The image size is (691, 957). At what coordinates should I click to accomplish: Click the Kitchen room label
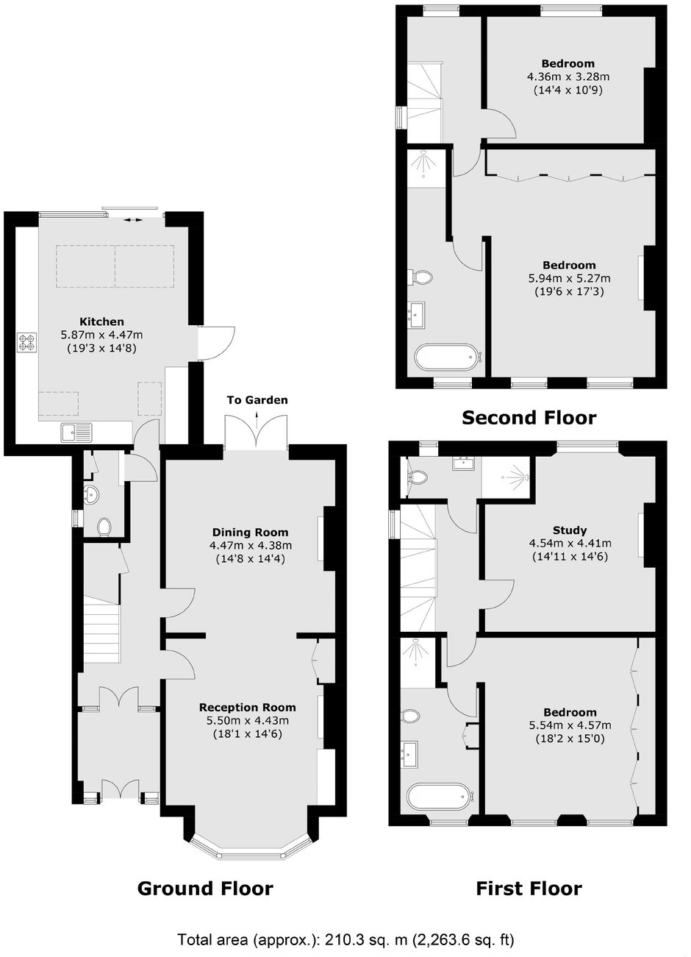pyautogui.click(x=101, y=321)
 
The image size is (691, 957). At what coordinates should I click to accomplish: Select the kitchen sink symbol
pyautogui.click(x=76, y=432)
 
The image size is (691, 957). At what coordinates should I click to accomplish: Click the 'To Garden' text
pyautogui.click(x=257, y=400)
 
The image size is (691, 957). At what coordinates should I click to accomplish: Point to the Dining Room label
pyautogui.click(x=250, y=533)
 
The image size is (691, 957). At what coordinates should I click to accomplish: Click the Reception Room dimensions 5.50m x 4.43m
pyautogui.click(x=248, y=721)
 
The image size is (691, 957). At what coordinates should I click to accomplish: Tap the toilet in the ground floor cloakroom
pyautogui.click(x=104, y=527)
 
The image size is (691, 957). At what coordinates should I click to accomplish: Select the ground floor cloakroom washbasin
pyautogui.click(x=91, y=496)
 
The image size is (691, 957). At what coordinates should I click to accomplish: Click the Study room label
pyautogui.click(x=570, y=530)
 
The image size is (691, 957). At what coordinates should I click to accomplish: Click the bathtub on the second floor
pyautogui.click(x=448, y=357)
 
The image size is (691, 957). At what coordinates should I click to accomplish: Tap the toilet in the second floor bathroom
pyautogui.click(x=420, y=278)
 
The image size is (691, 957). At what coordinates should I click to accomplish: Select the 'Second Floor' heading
pyautogui.click(x=529, y=417)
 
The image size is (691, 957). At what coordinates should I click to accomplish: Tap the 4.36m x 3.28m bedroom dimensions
pyautogui.click(x=568, y=77)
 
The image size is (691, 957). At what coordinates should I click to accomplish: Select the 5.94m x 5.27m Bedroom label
pyautogui.click(x=569, y=265)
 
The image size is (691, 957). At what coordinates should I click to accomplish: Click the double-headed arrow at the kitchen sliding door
pyautogui.click(x=134, y=220)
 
